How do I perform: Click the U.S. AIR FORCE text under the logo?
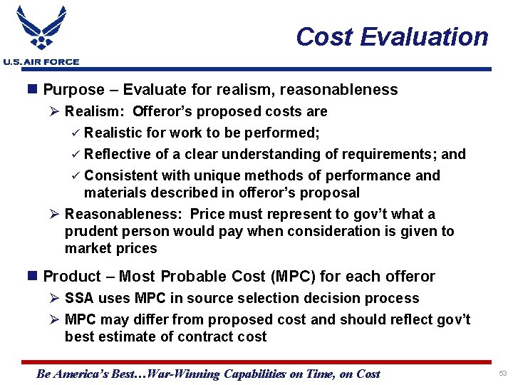click(x=41, y=62)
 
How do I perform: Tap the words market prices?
click(x=110, y=248)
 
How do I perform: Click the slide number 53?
click(x=502, y=374)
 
